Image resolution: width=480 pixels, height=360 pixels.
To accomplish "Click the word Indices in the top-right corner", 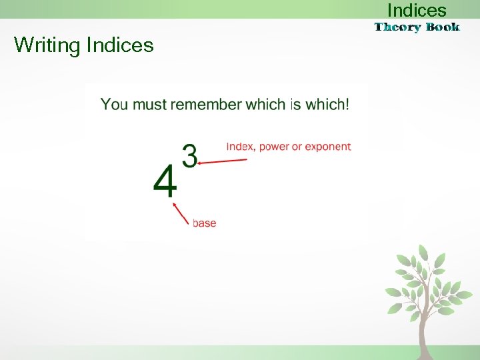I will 417,11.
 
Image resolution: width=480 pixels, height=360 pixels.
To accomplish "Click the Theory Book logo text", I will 417,27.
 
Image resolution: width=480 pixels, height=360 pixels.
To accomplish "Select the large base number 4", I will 165,181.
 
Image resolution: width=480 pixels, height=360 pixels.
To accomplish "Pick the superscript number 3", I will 190,156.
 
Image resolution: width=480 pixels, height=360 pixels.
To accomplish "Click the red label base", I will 204,223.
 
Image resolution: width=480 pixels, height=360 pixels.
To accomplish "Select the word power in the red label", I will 275,147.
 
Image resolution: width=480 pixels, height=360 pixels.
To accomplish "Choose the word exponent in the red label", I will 328,147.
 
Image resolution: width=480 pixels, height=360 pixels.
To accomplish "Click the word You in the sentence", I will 114,105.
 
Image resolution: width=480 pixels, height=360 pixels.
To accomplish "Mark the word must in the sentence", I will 150,105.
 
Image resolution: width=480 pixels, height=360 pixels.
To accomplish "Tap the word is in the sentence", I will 295,105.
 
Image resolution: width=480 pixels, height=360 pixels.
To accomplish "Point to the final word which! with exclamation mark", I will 327,105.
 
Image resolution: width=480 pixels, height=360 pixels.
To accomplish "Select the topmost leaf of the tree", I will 423,252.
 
